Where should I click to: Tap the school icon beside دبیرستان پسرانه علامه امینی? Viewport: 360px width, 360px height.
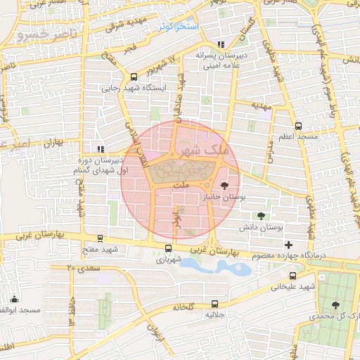coord(221,44)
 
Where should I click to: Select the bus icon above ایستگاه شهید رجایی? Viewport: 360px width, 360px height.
coord(134,77)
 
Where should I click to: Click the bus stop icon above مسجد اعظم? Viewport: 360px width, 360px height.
coord(298,126)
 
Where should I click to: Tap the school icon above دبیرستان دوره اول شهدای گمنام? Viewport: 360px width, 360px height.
coord(101,148)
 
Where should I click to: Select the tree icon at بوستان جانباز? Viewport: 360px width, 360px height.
coord(224,186)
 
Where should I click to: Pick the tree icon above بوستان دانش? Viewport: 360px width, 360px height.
coord(261,216)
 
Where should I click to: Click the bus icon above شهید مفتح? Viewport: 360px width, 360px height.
coord(101,238)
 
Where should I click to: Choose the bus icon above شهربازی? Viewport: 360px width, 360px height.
coord(167,248)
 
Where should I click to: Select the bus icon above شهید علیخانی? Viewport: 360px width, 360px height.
coord(291,276)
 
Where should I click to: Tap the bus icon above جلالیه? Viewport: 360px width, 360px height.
coord(214,304)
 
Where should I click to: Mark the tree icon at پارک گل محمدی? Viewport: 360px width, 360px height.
coord(335,305)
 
